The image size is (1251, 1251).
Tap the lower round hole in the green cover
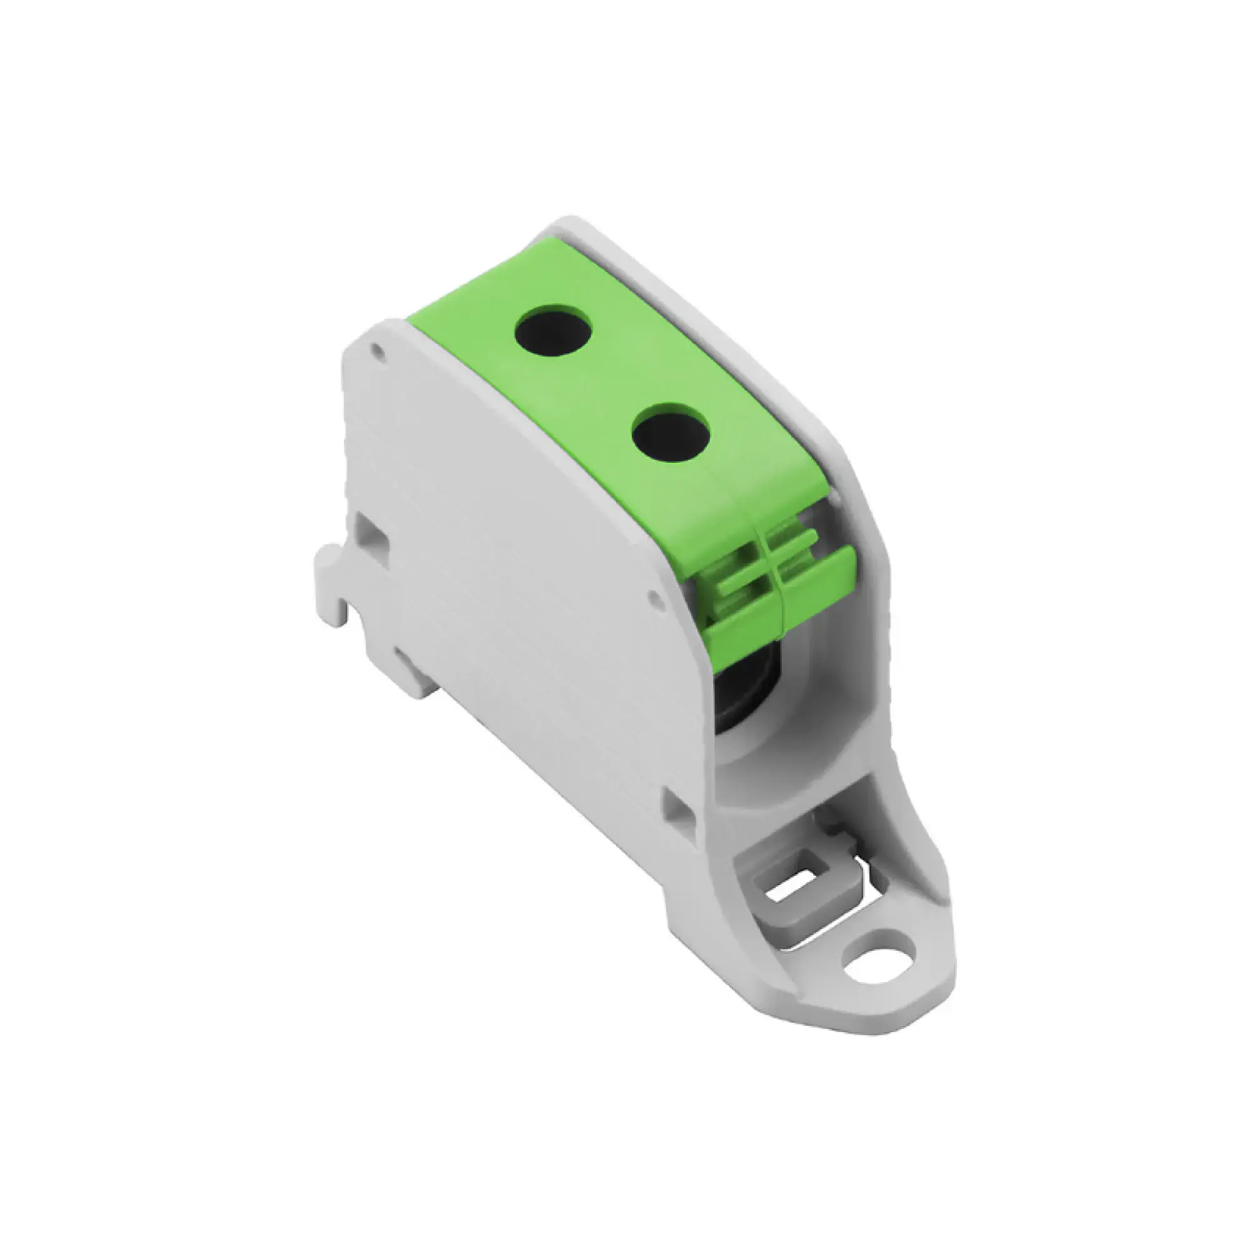[x=671, y=433]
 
